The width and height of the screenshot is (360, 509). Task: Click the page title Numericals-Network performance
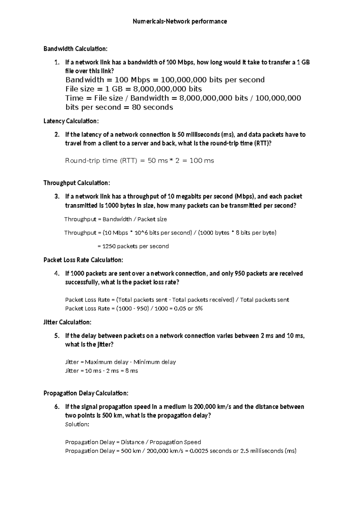pyautogui.click(x=180, y=21)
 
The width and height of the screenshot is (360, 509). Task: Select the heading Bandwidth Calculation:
pyautogui.click(x=75, y=49)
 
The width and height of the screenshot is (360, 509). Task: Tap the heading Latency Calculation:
pyautogui.click(x=71, y=121)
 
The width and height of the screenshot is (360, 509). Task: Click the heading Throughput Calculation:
pyautogui.click(x=77, y=183)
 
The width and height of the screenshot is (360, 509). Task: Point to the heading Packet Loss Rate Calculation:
pyautogui.click(x=83, y=260)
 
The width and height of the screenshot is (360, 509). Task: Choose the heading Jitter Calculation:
pyautogui.click(x=67, y=322)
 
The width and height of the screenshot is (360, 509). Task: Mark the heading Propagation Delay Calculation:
pyautogui.click(x=86, y=393)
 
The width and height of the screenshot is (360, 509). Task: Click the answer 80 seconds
pyautogui.click(x=152, y=107)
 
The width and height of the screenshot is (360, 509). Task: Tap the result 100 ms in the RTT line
pyautogui.click(x=202, y=161)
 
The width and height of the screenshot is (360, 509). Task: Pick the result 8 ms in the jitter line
pyautogui.click(x=132, y=371)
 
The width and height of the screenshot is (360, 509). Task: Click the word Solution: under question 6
pyautogui.click(x=77, y=424)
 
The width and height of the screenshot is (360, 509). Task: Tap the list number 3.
pyautogui.click(x=57, y=197)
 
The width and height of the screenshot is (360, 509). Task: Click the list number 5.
pyautogui.click(x=57, y=336)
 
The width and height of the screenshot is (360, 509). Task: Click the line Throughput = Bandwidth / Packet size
pyautogui.click(x=115, y=219)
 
